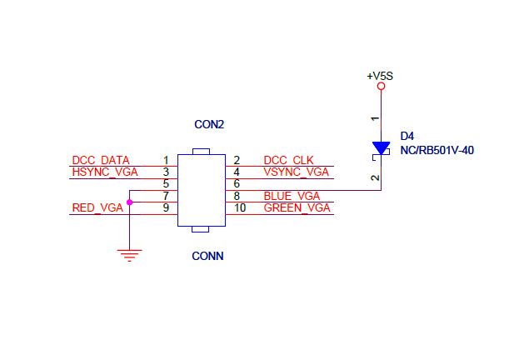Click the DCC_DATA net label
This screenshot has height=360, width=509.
coord(101,160)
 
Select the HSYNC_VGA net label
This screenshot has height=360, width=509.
coord(104,172)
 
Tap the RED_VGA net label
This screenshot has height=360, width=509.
coord(97,207)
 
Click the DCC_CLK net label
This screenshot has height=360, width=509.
coord(288,160)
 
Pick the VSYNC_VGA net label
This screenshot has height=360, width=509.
coord(296,172)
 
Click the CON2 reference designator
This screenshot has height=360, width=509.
coord(209,125)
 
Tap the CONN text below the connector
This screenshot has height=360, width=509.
coord(207,257)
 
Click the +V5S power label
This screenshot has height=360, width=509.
coord(380,76)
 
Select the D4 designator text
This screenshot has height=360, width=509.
coord(407,135)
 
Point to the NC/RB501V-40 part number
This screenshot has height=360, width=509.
coord(437,152)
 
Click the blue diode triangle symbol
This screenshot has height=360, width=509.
coord(381,148)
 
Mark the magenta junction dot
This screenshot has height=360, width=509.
coord(129,202)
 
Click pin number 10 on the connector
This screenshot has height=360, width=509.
coord(240,207)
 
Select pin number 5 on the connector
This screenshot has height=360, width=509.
coord(167,183)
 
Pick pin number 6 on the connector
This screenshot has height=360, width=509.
coord(237,183)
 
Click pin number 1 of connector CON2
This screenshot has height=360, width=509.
coord(167,160)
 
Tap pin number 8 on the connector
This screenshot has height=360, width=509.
coord(237,196)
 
